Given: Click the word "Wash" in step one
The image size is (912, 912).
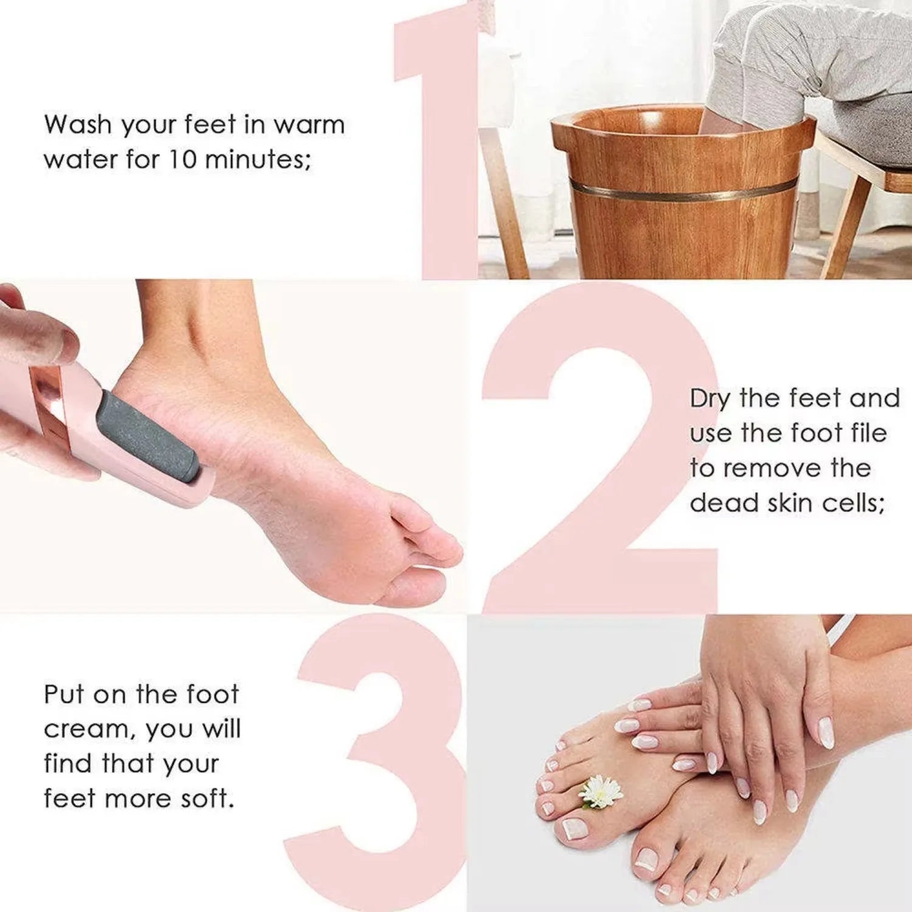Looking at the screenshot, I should [78, 125].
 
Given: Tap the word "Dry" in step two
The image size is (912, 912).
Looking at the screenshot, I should [710, 399].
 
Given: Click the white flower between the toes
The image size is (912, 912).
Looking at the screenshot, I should [601, 792].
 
